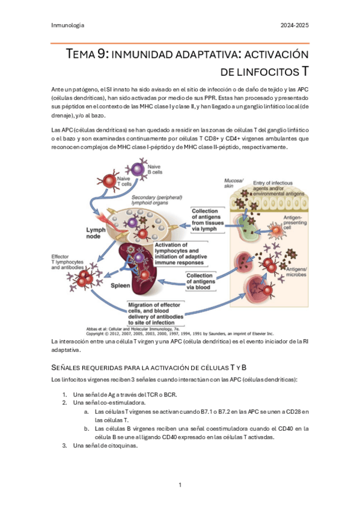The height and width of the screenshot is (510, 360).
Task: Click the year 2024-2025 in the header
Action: [x=295, y=25]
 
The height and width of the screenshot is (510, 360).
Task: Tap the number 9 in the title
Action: [x=103, y=55]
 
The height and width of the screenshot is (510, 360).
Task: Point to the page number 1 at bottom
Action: [x=180, y=484]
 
